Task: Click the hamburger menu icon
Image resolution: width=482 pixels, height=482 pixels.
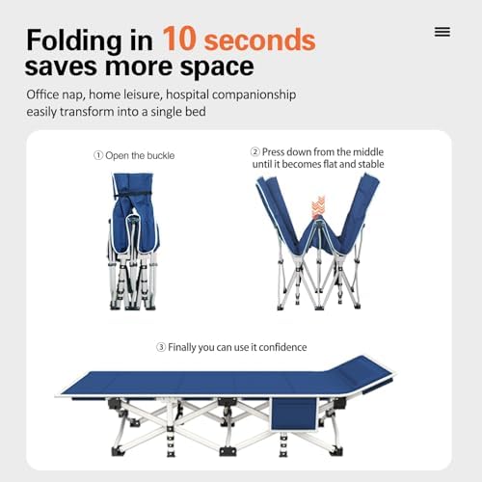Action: pos(442,32)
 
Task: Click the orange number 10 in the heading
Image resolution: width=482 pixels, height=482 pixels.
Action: pos(182,40)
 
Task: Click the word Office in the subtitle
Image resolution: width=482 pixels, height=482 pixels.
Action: pos(47,95)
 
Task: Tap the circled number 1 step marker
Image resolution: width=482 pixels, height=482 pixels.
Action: pos(97,155)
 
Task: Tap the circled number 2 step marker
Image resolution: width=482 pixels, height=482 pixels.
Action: pos(255,150)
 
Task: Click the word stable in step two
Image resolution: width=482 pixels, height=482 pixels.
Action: pos(366,164)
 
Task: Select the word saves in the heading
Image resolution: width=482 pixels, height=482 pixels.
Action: pos(67,67)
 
